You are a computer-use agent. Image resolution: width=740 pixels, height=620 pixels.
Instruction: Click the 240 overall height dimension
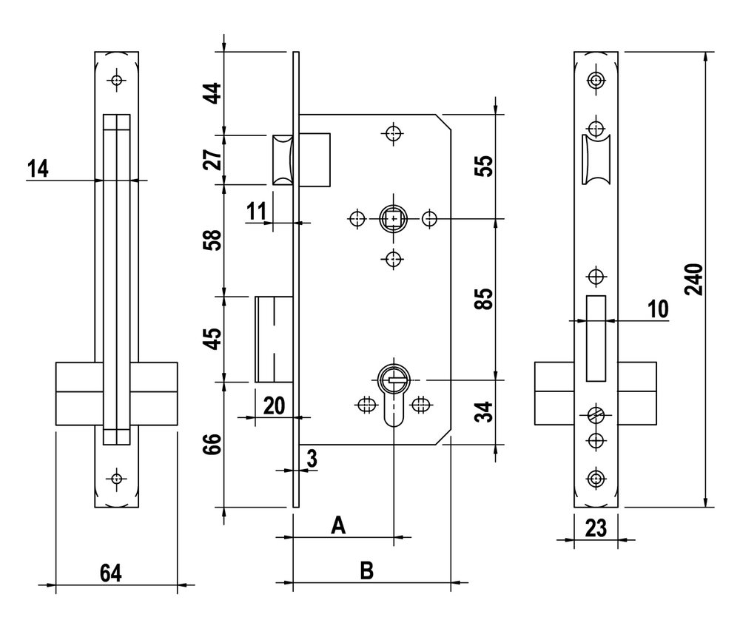tap(694, 280)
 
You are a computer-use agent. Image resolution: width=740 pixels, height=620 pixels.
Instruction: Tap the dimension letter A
tap(338, 525)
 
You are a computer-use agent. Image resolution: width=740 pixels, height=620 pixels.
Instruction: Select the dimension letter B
tap(367, 570)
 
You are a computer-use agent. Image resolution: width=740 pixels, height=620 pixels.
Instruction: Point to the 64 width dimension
tap(111, 573)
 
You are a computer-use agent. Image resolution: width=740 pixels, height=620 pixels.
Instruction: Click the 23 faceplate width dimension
tap(596, 528)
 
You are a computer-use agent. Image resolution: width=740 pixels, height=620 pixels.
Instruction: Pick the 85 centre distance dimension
tap(484, 299)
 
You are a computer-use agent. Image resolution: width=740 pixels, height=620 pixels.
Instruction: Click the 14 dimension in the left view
tap(37, 169)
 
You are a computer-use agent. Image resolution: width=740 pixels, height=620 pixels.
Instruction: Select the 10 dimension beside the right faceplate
tap(658, 309)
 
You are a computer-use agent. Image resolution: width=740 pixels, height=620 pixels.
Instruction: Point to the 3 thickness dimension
tap(312, 459)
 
